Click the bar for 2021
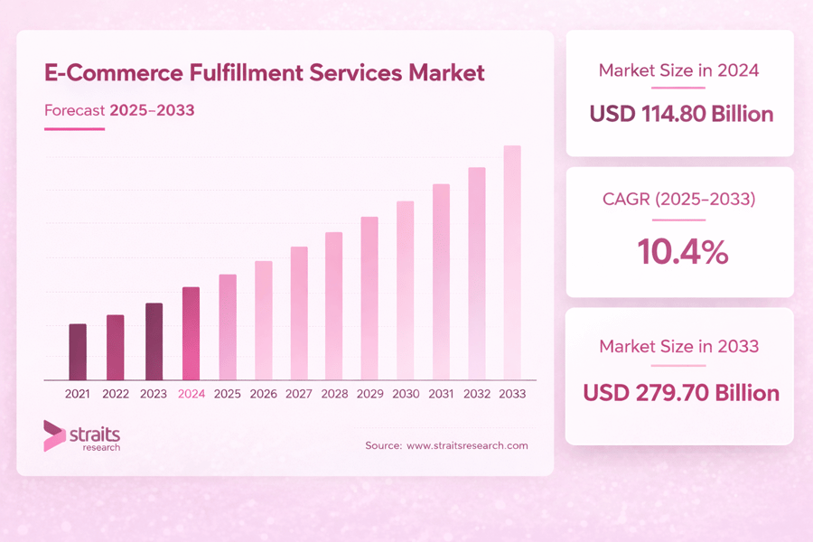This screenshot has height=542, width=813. coord(78,351)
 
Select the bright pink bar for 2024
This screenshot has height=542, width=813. coord(191,333)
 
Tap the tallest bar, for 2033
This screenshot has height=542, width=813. coord(512,262)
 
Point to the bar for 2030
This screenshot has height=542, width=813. coord(406,290)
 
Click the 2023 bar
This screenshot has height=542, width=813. coord(154,341)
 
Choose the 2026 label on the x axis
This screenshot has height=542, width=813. coord(263,394)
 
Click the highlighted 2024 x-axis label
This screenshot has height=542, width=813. coord(192,394)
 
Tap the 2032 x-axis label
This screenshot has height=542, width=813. coord(477,394)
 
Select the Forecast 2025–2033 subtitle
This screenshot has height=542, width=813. coord(119,110)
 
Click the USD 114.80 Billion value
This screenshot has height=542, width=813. coord(680,114)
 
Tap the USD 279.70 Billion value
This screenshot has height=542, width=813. coord(680,393)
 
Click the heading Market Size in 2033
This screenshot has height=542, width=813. coord(679,346)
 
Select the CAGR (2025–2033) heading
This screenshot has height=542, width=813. coord(679,199)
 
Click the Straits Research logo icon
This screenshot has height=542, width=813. coord(54,435)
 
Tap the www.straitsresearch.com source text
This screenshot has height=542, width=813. coord(467,445)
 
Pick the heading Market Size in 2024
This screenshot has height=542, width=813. coord(679,70)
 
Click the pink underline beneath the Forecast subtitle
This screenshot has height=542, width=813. coord(74,129)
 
